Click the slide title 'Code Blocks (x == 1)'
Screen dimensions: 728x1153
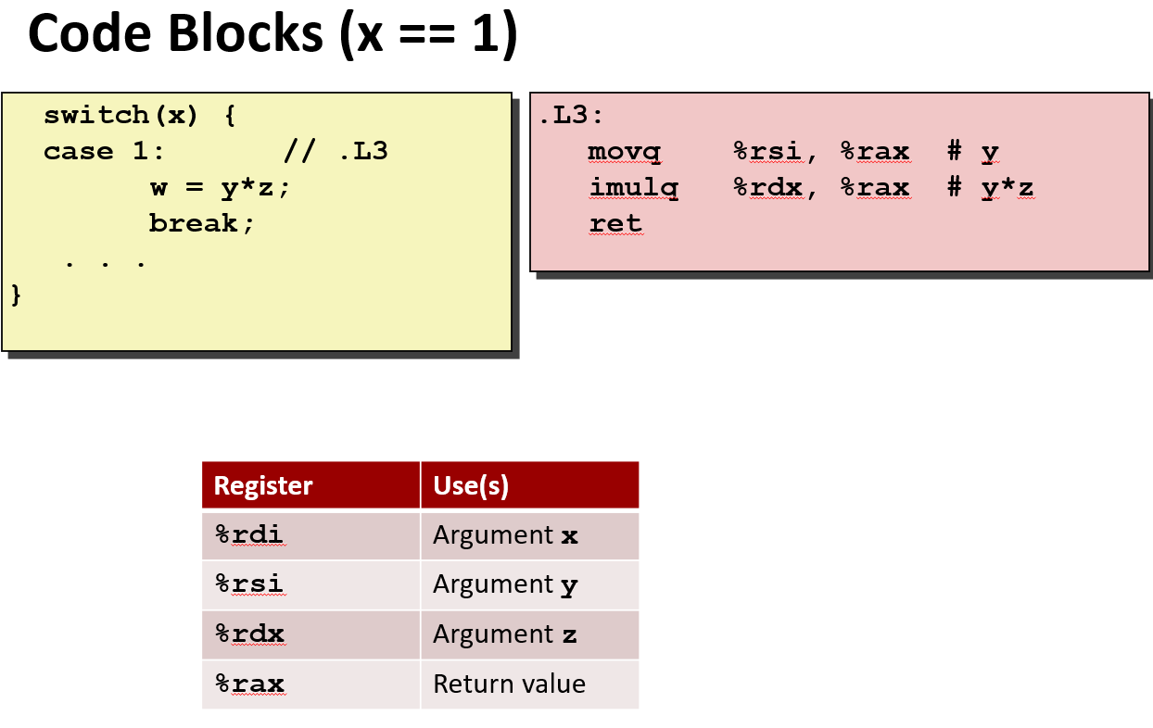click(272, 35)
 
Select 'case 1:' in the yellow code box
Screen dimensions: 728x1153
click(104, 152)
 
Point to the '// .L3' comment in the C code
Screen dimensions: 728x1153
click(336, 152)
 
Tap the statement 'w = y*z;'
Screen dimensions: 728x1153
click(220, 188)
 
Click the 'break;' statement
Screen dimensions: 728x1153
click(201, 224)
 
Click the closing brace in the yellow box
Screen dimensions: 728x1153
click(15, 295)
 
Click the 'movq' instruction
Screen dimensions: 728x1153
click(624, 152)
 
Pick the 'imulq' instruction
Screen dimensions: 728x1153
click(633, 188)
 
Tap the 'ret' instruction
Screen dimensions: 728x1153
click(615, 224)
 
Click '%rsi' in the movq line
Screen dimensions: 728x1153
click(767, 152)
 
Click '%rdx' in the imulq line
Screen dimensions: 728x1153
click(767, 188)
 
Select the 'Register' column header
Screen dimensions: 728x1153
click(263, 485)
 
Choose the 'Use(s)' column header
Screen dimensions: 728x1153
click(471, 485)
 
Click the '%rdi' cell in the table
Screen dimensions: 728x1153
click(249, 535)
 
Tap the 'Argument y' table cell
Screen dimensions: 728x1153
click(505, 584)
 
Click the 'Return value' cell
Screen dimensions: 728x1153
click(509, 684)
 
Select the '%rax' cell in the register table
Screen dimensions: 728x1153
click(249, 684)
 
